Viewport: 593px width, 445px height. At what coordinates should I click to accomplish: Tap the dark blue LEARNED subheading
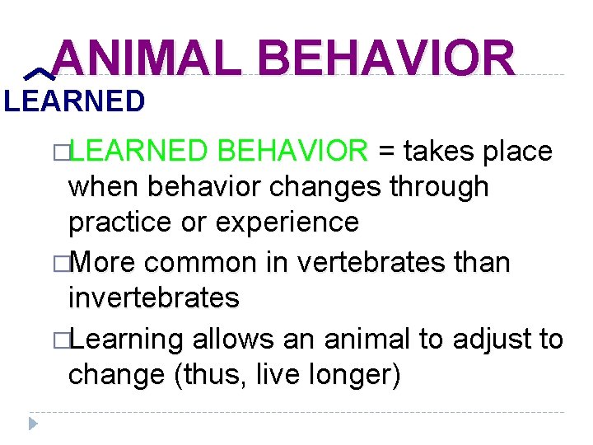click(73, 101)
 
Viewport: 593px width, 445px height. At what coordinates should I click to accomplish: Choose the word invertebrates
click(154, 297)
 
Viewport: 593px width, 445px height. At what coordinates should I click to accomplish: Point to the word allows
click(230, 338)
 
